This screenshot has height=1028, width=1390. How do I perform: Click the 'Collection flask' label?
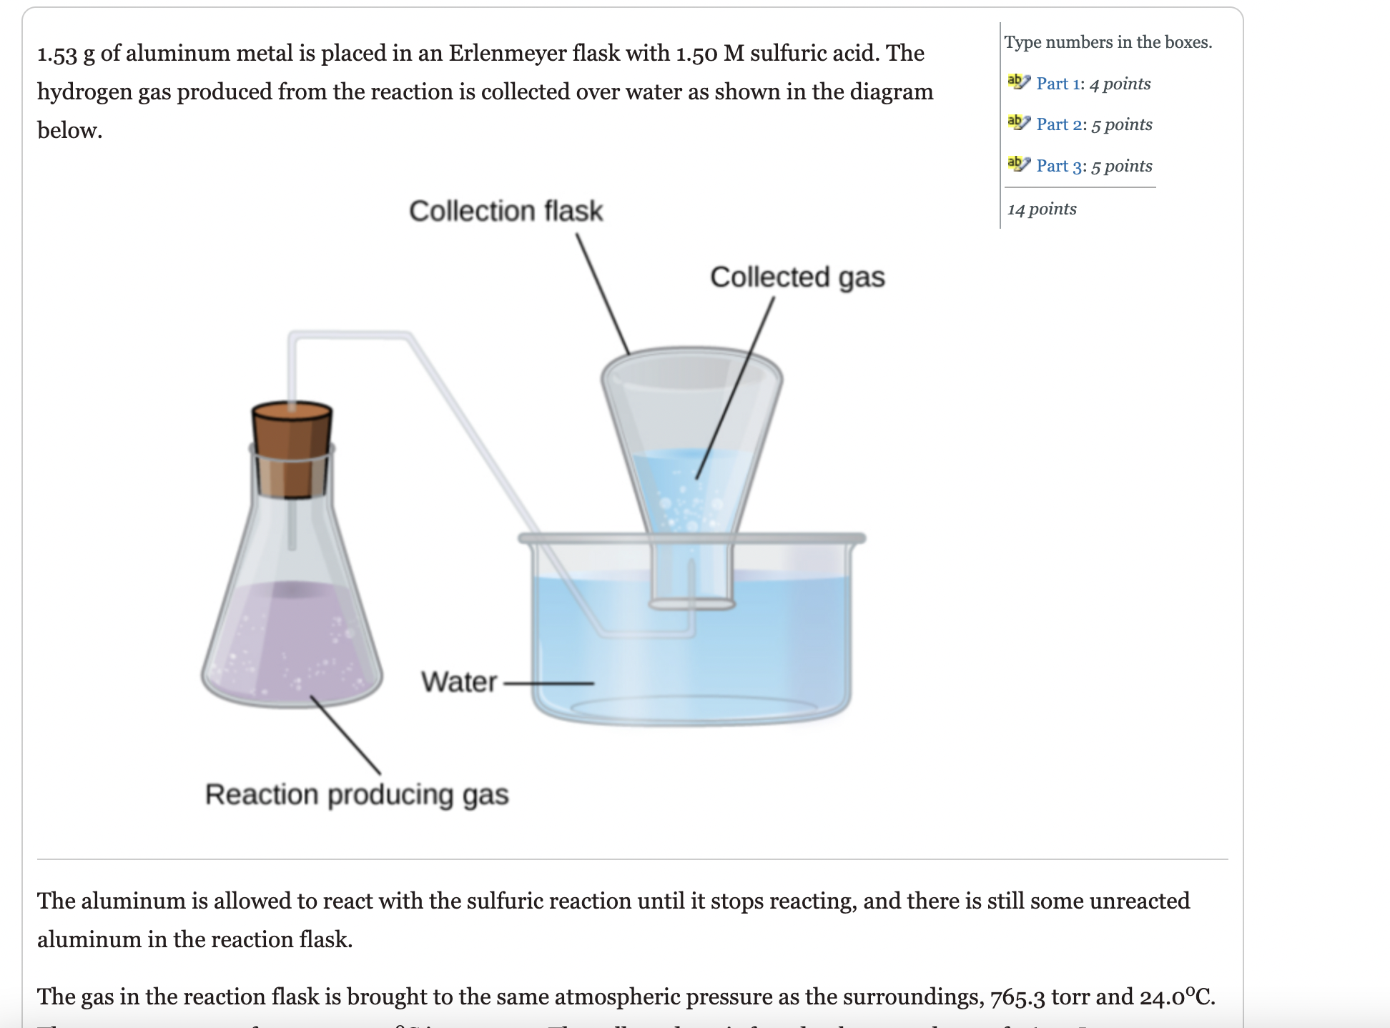click(x=506, y=211)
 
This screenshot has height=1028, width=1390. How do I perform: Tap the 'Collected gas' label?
click(x=797, y=277)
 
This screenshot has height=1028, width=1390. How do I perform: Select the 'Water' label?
click(x=458, y=682)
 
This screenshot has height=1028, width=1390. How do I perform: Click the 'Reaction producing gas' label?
click(x=357, y=794)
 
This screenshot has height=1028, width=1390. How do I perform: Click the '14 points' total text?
click(x=1042, y=209)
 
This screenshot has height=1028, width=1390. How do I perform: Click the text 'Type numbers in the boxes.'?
click(x=1108, y=42)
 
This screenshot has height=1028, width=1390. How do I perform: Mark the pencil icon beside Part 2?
click(x=1018, y=124)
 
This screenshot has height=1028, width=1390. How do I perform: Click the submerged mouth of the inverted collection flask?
click(x=691, y=603)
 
